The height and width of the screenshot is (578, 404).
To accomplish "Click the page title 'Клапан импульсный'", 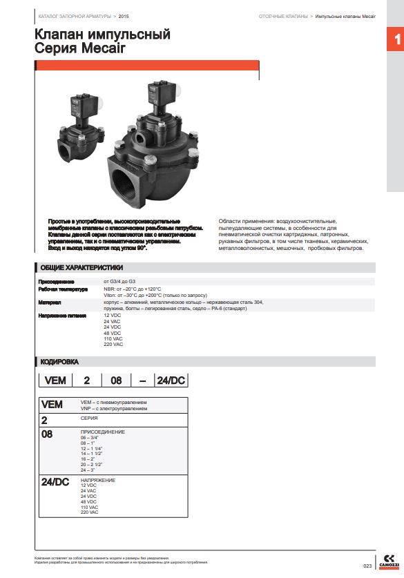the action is coord(102,35).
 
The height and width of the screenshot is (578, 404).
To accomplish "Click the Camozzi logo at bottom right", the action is coord(389,561).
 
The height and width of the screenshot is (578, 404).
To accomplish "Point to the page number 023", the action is coord(367,566).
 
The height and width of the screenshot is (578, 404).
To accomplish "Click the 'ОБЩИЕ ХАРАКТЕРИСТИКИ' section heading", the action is coord(81,267).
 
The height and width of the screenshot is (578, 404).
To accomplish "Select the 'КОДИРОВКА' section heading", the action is coord(59,361).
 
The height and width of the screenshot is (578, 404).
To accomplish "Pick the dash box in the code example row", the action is coord(142,380).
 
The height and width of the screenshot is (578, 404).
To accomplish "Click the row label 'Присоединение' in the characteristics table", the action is coord(57,282).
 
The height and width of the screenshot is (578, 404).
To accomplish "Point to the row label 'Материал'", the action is coord(50,302).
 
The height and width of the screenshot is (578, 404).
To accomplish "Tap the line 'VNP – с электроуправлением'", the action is coord(114,408).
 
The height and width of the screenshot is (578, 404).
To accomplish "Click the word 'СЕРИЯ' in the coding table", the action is coord(89,418).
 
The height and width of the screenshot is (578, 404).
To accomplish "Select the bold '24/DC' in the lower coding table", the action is coord(55,483).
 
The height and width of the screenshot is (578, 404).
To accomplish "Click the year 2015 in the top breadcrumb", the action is coord(124,15).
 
